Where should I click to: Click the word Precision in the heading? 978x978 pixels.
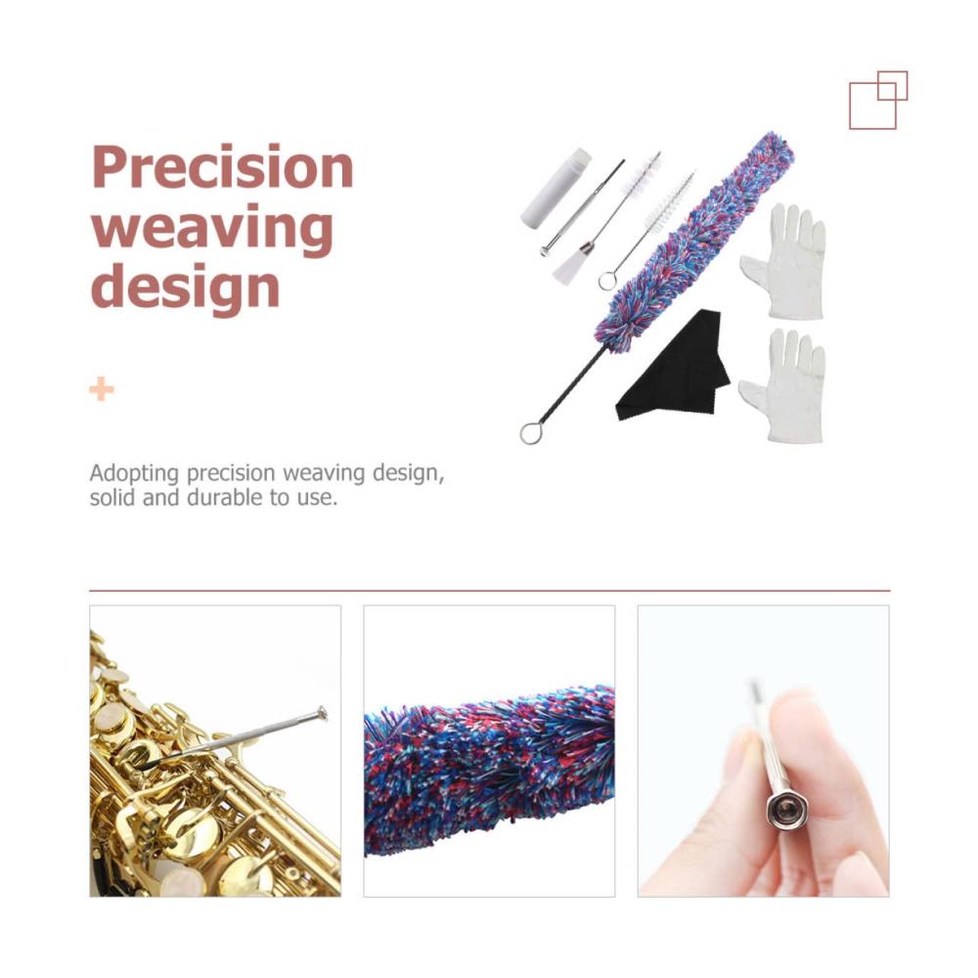click(223, 167)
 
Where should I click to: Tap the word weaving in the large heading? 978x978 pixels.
click(212, 230)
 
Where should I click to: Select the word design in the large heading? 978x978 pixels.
click(185, 288)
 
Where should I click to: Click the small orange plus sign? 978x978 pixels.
click(102, 389)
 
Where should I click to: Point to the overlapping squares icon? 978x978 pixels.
click(878, 100)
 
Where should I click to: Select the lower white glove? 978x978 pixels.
click(784, 385)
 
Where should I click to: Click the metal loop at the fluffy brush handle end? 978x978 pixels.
click(532, 433)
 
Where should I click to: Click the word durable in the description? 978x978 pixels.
click(228, 498)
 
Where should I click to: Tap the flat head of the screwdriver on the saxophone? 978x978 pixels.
click(322, 713)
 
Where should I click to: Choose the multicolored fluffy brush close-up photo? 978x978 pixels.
click(489, 751)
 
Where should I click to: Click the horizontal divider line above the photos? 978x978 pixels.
click(490, 590)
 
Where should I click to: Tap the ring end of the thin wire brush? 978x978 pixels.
click(607, 280)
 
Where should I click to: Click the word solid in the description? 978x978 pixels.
click(112, 498)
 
